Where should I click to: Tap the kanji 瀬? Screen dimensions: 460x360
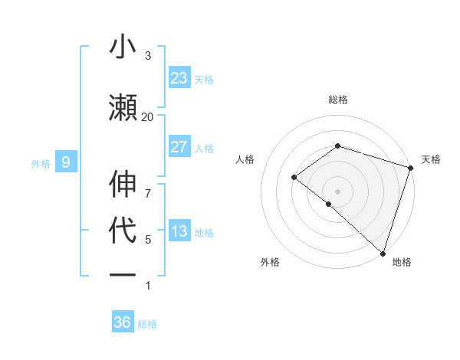123,107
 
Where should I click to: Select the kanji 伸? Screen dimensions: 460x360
123,187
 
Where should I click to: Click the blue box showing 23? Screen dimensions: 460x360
179,78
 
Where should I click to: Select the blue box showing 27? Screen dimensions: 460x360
179,147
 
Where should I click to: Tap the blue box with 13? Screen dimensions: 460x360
179,232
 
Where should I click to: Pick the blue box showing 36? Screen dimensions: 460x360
123,322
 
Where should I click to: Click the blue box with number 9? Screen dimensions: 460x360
66,162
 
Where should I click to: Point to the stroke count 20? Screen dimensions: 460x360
147,116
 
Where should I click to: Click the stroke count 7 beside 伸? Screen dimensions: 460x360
147,185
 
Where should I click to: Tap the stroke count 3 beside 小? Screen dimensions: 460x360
148,55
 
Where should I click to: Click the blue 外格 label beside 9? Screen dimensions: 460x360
41,163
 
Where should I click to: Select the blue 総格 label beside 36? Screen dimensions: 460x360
147,324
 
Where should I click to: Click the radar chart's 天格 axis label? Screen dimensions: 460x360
431,159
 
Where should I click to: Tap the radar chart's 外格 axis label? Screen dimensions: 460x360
270,262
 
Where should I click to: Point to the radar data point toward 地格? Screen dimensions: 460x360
382,253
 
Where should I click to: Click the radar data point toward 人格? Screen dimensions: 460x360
294,178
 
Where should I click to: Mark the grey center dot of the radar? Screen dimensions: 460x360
337,191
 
